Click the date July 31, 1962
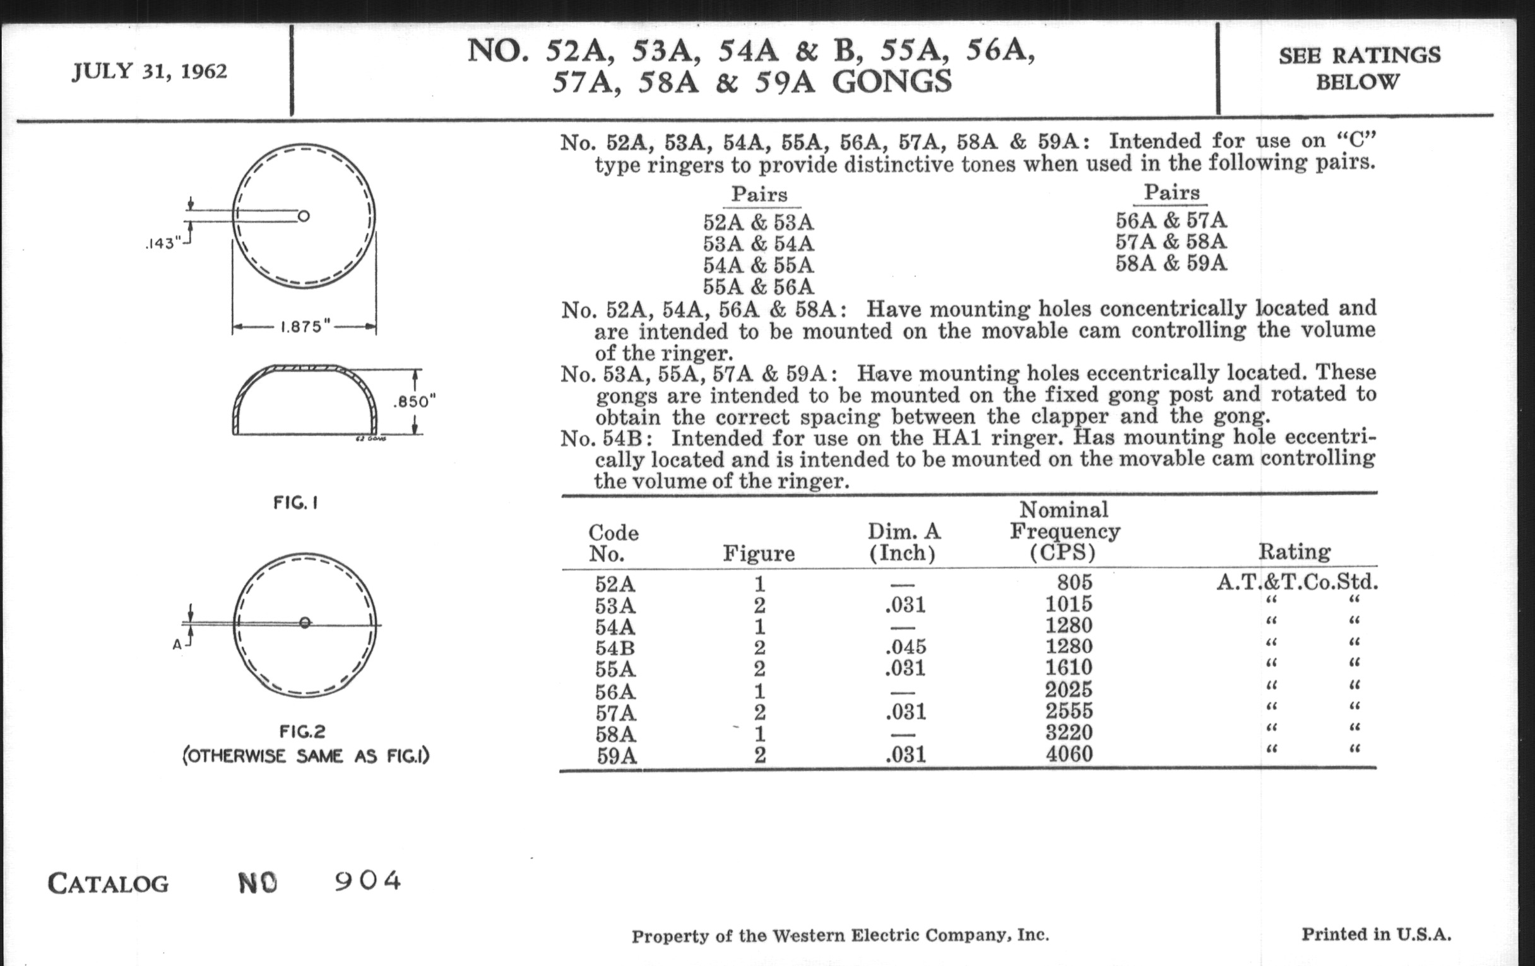tap(149, 71)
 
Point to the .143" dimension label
tap(163, 244)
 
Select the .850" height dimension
tap(415, 402)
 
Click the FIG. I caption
tap(296, 503)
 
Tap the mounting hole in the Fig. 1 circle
tap(304, 216)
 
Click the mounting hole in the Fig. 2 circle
tap(305, 623)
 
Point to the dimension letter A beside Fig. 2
tap(177, 645)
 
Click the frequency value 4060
tap(1069, 754)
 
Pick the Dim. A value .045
tap(905, 647)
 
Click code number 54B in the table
tap(615, 648)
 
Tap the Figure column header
tap(759, 554)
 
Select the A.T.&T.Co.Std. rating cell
tap(1296, 582)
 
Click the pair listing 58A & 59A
tap(1171, 263)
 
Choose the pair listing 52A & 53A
tap(759, 222)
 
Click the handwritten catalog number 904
tap(368, 881)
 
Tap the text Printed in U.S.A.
tap(1377, 935)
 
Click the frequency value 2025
tap(1069, 689)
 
